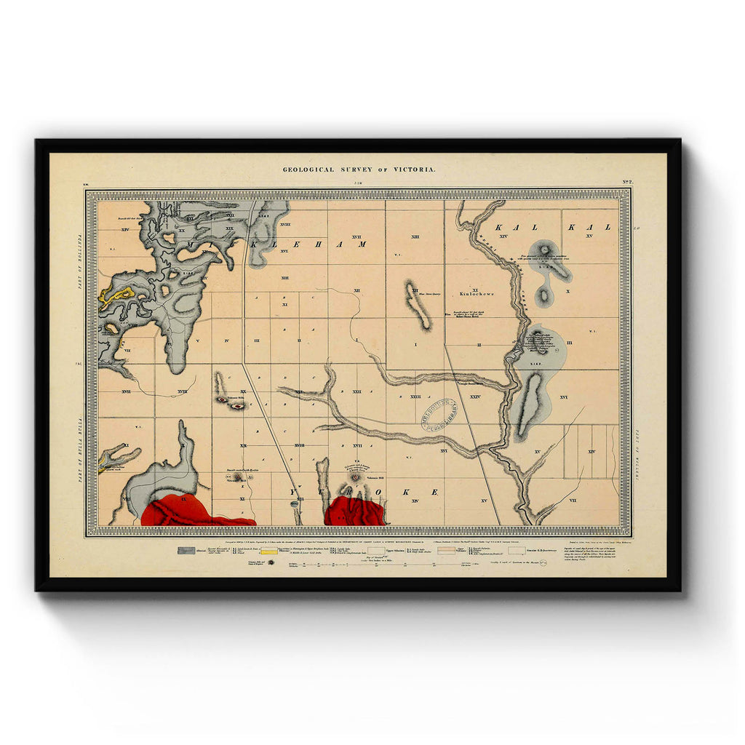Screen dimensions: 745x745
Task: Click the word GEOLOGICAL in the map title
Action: coord(307,170)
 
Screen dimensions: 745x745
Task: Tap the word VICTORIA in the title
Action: coord(415,170)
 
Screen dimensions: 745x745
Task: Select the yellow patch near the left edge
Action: coord(117,295)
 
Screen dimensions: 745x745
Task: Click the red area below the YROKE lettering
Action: coord(354,511)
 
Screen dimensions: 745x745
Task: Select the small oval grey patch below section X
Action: coord(543,296)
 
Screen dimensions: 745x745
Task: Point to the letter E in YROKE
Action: coord(434,492)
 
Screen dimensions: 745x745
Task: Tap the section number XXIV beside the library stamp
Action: coord(476,397)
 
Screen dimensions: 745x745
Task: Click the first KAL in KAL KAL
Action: coord(509,228)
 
